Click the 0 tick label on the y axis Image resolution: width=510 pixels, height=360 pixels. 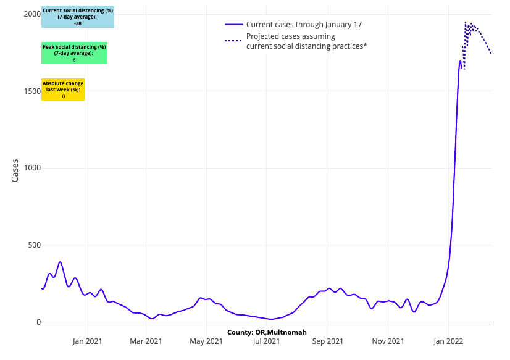[x=38, y=322]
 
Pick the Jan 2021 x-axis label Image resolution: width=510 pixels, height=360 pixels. [x=87, y=340]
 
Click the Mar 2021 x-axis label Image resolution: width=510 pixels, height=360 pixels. [x=146, y=340]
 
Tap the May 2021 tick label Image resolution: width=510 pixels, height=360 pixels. [x=206, y=340]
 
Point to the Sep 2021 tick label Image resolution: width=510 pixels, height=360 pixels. [x=328, y=340]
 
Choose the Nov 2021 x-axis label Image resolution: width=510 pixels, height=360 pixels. [x=388, y=340]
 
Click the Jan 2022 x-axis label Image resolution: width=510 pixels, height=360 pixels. [x=448, y=340]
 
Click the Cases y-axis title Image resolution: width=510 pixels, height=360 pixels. [x=15, y=170]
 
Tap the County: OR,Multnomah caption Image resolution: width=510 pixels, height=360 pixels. [x=267, y=332]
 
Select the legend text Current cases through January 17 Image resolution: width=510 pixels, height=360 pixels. [x=303, y=25]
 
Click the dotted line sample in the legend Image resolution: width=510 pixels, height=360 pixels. [x=233, y=41]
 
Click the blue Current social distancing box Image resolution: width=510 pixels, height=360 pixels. [x=78, y=17]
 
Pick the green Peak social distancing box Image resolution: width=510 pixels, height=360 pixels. [x=74, y=54]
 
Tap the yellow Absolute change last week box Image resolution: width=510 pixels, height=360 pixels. [x=63, y=90]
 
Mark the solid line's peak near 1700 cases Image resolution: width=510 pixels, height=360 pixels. [x=460, y=61]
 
